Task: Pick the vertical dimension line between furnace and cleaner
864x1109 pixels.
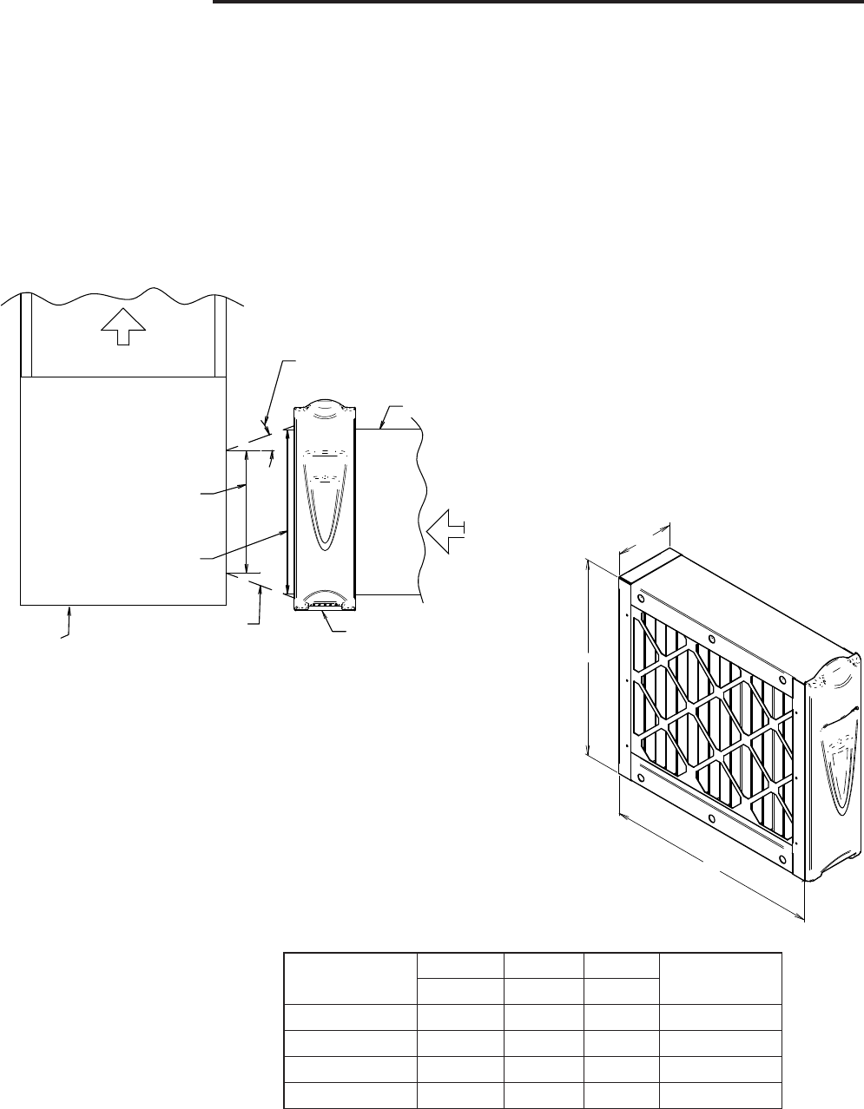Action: click(247, 511)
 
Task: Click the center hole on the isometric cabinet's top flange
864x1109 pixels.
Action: click(712, 640)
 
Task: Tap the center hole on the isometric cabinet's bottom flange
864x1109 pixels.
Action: click(711, 818)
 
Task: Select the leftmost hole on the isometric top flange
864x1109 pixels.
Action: click(641, 599)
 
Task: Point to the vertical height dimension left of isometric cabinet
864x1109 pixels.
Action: click(590, 659)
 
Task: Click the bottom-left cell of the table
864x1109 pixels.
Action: click(350, 1096)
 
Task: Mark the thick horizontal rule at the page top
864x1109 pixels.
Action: click(534, 3)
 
